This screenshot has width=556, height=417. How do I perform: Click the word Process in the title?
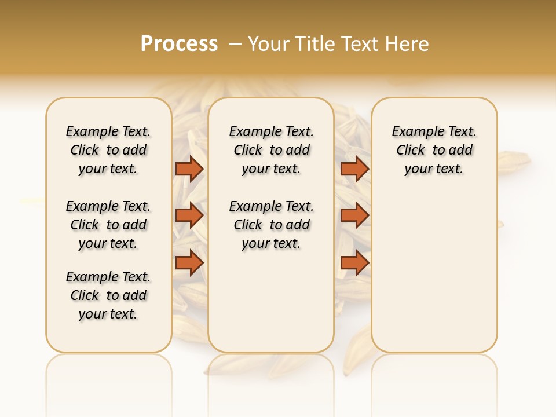179,43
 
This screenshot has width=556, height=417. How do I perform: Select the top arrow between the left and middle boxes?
189,169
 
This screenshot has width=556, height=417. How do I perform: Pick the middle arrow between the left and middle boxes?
189,216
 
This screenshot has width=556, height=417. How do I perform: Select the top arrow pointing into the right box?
354,169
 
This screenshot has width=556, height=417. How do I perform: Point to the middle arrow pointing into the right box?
354,216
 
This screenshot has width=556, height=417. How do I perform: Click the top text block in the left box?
108,150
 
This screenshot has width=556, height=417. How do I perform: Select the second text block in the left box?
108,225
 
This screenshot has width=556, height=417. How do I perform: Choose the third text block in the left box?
108,295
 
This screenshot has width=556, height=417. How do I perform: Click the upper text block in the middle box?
271,150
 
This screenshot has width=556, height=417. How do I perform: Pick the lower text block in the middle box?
271,225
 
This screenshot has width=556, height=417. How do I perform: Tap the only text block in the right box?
434,150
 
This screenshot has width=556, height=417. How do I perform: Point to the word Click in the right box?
411,151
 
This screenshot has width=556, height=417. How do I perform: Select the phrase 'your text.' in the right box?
434,169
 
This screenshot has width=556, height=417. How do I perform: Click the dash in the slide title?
235,44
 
